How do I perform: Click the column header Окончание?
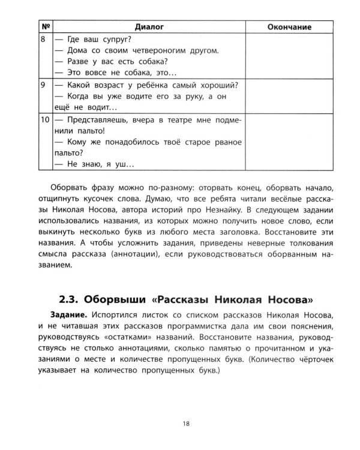(287, 26)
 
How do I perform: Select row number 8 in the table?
(43, 39)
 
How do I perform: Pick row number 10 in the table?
(45, 121)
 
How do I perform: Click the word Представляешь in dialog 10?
(99, 121)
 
